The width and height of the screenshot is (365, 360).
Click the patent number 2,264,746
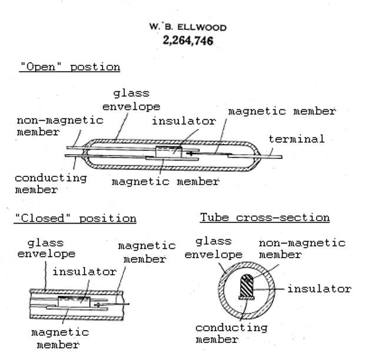(187, 41)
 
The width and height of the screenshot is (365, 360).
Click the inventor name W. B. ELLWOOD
(187, 27)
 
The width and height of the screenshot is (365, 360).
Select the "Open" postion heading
(69, 66)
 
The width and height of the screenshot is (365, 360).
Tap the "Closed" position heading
(75, 218)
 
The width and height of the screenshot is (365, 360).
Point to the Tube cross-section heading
(264, 218)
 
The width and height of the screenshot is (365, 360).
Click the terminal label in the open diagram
(297, 139)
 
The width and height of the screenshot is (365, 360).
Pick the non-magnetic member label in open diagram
(59, 126)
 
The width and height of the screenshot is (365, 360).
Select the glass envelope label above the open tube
(131, 100)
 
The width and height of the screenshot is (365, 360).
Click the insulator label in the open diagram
(184, 121)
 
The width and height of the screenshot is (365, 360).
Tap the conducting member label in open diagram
(50, 184)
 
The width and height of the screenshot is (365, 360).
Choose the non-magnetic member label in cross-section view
(302, 249)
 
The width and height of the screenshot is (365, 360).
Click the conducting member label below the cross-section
(231, 333)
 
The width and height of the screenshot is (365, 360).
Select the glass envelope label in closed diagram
(46, 248)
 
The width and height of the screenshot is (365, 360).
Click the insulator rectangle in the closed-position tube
(74, 302)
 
